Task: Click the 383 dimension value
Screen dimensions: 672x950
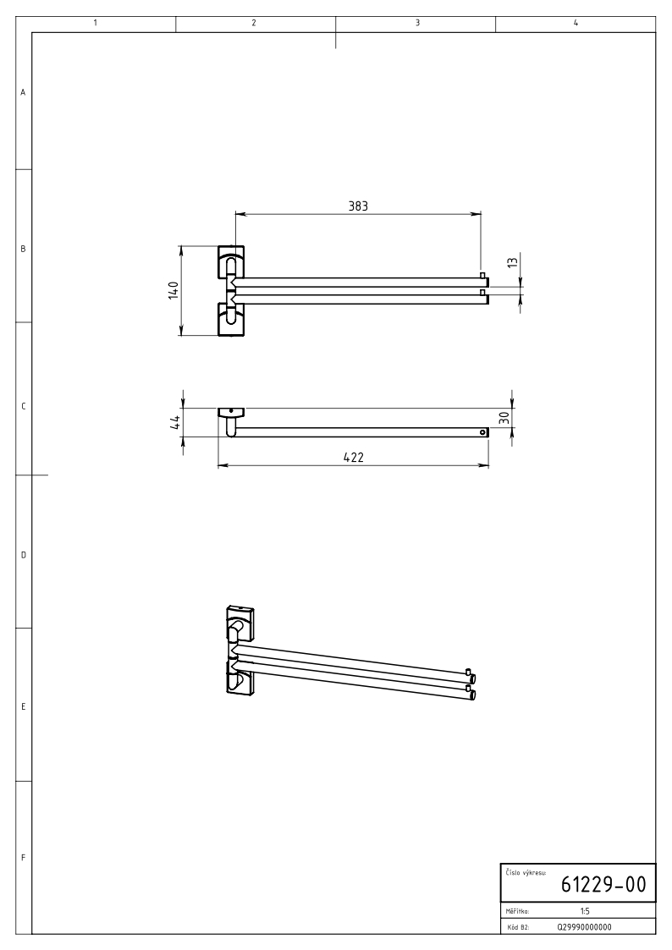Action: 358,206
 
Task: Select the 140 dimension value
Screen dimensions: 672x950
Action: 174,290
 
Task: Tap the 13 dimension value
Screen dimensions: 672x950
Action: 513,262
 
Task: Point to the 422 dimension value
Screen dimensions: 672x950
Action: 353,457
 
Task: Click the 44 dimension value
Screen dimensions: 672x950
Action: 174,422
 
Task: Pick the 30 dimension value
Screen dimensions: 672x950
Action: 504,417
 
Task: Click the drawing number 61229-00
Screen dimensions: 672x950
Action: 603,885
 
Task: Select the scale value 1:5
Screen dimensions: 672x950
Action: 585,910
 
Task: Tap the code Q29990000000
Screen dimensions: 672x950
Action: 584,927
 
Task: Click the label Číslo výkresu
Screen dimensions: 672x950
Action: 526,872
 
